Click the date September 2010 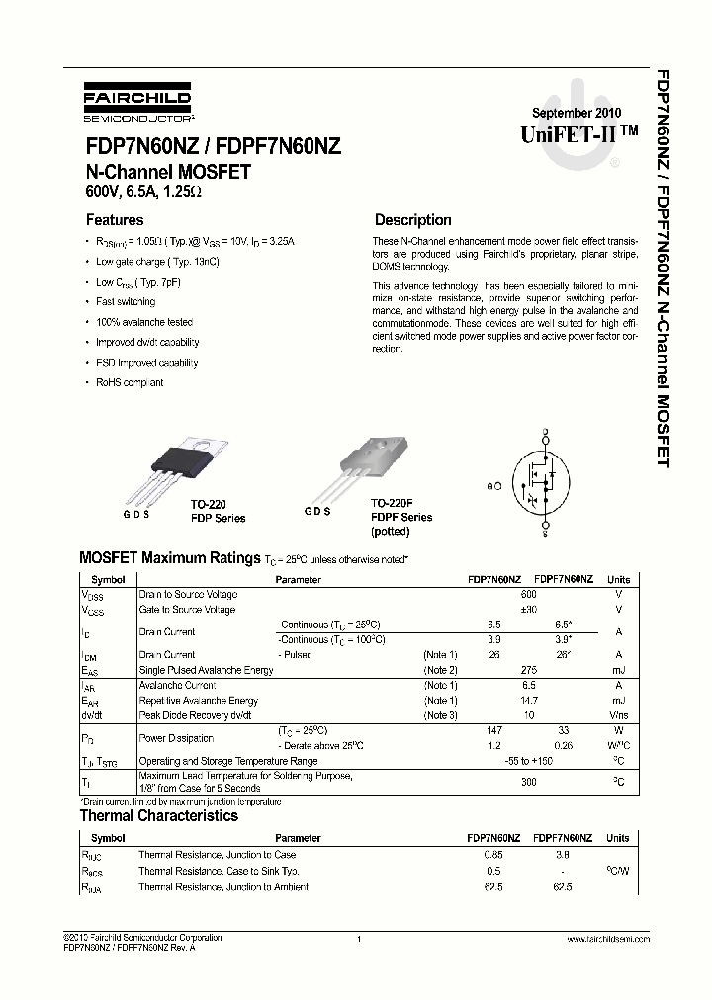[x=565, y=113]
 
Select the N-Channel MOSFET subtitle [x=168, y=171]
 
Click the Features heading [x=115, y=220]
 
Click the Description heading [x=412, y=220]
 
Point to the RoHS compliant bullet [x=130, y=382]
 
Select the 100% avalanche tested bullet [x=143, y=322]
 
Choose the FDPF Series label [x=401, y=517]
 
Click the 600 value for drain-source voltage [x=528, y=595]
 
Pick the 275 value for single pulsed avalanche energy [x=528, y=670]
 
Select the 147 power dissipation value [x=494, y=729]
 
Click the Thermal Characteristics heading [x=158, y=816]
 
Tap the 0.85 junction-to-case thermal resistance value [x=494, y=855]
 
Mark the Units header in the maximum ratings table [x=618, y=580]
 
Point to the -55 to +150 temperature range [x=528, y=761]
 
